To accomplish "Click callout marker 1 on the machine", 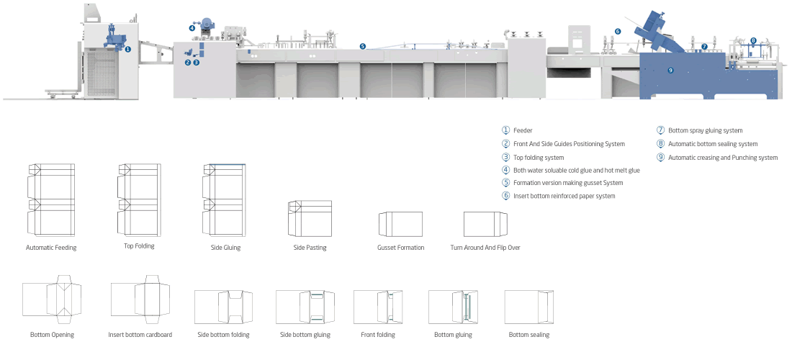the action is (x=127, y=50).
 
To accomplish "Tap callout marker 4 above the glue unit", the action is (x=192, y=28).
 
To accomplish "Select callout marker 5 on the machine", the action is (x=363, y=47).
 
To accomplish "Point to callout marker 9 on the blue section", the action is (x=671, y=70).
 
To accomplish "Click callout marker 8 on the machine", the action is (x=753, y=40).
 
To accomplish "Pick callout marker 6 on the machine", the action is (x=618, y=31).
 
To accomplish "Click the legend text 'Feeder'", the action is (x=523, y=130).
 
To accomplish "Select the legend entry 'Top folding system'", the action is (x=539, y=158).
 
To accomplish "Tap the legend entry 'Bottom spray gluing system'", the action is (x=705, y=130).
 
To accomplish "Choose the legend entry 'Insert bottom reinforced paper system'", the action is (x=564, y=196).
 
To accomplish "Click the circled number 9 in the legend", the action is (x=660, y=157).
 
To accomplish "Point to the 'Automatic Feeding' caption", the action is (x=51, y=248).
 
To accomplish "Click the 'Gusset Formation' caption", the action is (x=400, y=248).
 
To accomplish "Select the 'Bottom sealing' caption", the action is (x=529, y=335).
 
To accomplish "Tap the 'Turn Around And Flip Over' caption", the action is (x=485, y=248).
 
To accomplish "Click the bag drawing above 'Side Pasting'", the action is (x=310, y=218).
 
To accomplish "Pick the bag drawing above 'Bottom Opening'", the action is (x=52, y=300).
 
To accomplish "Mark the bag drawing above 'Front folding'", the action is (x=378, y=307).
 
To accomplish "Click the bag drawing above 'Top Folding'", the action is (x=139, y=199).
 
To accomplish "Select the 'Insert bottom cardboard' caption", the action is (x=140, y=335).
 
